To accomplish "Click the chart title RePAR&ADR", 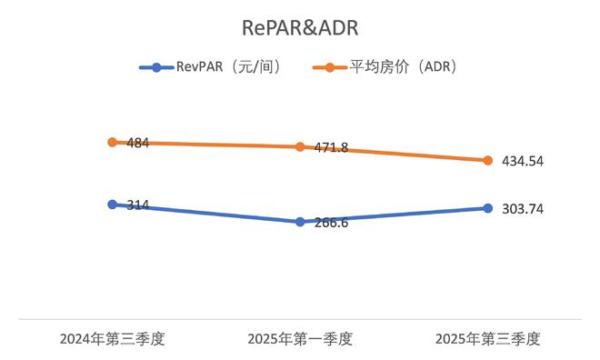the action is (x=300, y=28).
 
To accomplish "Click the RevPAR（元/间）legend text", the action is (x=228, y=67).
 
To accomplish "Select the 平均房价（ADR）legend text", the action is (x=403, y=67).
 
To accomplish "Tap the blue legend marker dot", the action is (x=156, y=67).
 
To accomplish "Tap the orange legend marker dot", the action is (x=329, y=67).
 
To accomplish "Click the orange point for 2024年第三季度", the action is (x=112, y=143).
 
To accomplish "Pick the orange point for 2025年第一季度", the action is (x=300, y=147).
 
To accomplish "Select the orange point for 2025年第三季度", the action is (x=487, y=161).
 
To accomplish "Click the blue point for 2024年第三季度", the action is (x=112, y=205).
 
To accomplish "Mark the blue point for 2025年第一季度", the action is (x=300, y=222).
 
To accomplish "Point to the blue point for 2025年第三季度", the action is (x=487, y=208).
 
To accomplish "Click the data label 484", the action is (x=138, y=144).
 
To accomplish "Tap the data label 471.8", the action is (x=332, y=147).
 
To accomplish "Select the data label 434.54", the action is (x=523, y=162).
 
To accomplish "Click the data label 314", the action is (x=138, y=205).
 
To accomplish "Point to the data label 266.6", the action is (x=332, y=223).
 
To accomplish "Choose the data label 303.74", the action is (x=523, y=209).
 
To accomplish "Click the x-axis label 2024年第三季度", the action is (x=112, y=339).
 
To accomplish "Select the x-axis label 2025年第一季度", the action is (x=300, y=339).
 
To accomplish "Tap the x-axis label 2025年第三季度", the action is (x=488, y=339).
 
